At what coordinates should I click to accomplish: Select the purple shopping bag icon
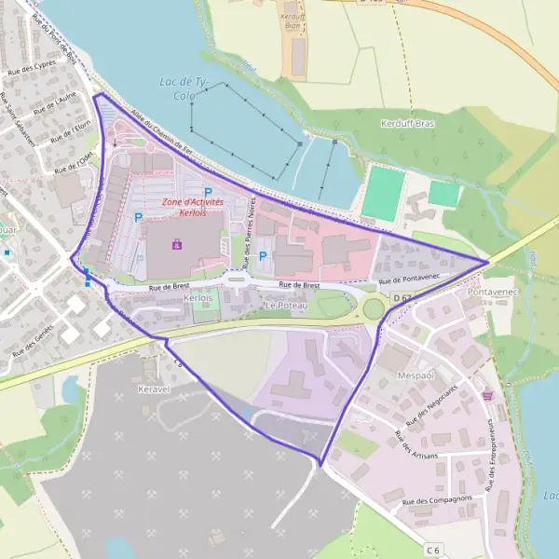[177, 245]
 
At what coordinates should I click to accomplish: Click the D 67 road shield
[402, 297]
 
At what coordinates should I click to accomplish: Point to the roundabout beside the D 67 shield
[374, 307]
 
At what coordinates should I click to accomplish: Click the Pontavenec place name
[490, 292]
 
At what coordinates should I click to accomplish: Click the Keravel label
[154, 388]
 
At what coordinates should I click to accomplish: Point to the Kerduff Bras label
[409, 123]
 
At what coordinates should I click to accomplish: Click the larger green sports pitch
[383, 192]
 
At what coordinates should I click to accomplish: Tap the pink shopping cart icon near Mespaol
[486, 395]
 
